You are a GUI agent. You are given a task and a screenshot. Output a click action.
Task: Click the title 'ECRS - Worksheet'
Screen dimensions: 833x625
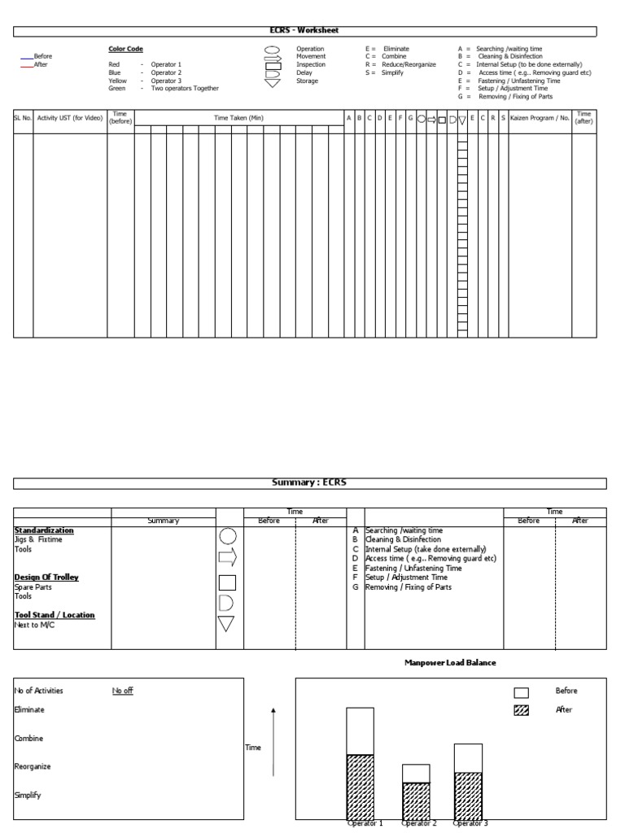coord(304,30)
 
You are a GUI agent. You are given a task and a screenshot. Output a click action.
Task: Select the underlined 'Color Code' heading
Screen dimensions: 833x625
coord(125,49)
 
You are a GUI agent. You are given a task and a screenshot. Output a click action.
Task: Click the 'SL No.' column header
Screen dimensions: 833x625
coord(23,118)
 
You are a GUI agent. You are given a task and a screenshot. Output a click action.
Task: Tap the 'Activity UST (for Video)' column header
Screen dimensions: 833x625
coord(70,118)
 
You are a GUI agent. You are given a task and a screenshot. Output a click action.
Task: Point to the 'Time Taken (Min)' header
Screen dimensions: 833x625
coord(238,118)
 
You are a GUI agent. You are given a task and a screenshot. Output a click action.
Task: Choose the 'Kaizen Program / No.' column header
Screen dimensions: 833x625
coord(540,118)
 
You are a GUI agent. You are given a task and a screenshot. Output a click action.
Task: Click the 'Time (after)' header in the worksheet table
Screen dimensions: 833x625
coord(583,118)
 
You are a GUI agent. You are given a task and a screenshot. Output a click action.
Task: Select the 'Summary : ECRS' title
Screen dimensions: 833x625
coord(308,482)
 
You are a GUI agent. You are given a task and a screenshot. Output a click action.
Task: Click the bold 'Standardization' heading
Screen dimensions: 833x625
coord(44,530)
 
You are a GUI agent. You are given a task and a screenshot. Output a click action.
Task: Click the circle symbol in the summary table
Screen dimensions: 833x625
coord(228,536)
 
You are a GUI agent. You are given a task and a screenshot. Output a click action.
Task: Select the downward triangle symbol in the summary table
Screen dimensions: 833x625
coord(227,625)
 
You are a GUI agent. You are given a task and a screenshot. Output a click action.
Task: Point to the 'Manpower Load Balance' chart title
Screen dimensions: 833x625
coord(450,663)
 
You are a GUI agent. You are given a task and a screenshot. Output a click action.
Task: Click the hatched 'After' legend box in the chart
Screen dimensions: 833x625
coord(521,710)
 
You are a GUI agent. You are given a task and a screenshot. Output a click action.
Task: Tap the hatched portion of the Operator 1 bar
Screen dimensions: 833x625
coord(360,786)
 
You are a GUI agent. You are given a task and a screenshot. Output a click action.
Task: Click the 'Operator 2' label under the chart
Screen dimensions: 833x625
coord(417,823)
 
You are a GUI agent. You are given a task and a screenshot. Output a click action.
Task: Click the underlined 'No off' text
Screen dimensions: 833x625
coord(123,691)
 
